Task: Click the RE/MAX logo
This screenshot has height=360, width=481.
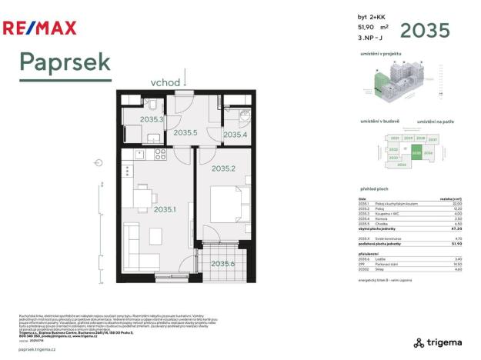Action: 40,29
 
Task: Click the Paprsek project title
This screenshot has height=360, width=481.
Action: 65,62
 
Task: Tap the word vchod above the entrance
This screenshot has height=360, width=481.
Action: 165,82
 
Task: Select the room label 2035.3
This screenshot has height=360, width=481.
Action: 152,120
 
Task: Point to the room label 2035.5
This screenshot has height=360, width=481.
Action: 185,133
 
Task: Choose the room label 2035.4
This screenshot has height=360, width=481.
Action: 234,135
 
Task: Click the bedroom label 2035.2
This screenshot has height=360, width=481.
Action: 223,168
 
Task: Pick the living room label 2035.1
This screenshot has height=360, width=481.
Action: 165,209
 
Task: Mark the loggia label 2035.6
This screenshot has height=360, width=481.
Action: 223,264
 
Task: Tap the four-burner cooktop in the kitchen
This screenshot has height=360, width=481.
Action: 161,154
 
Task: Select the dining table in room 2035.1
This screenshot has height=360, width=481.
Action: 144,198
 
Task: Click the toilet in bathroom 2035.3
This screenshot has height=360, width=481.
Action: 154,105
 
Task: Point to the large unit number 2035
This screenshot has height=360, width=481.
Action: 425,31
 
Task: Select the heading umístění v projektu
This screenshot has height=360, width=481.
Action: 381,53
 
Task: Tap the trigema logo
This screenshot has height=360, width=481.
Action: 438,342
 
